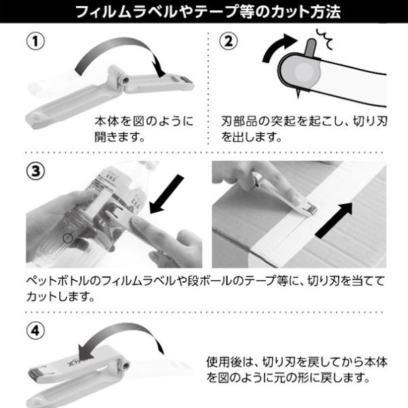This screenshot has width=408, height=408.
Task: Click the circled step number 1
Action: (35, 41)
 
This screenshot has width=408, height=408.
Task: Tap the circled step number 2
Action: (228, 41)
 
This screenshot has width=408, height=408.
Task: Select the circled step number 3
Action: (35, 171)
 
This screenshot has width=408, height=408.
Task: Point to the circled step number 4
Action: (35, 331)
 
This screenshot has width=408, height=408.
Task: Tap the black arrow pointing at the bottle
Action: (167, 194)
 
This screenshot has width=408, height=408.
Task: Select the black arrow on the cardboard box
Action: (334, 220)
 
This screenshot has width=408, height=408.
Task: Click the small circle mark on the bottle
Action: (67, 238)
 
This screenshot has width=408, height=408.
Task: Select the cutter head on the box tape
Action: (309, 208)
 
